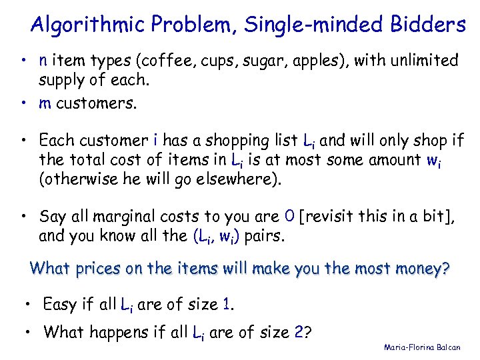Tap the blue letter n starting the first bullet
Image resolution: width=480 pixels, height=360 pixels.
pos(43,61)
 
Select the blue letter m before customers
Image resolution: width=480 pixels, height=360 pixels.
pos(45,103)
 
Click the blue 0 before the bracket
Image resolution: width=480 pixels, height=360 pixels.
pos(289,217)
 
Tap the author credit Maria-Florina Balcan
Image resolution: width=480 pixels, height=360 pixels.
pos(422,347)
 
